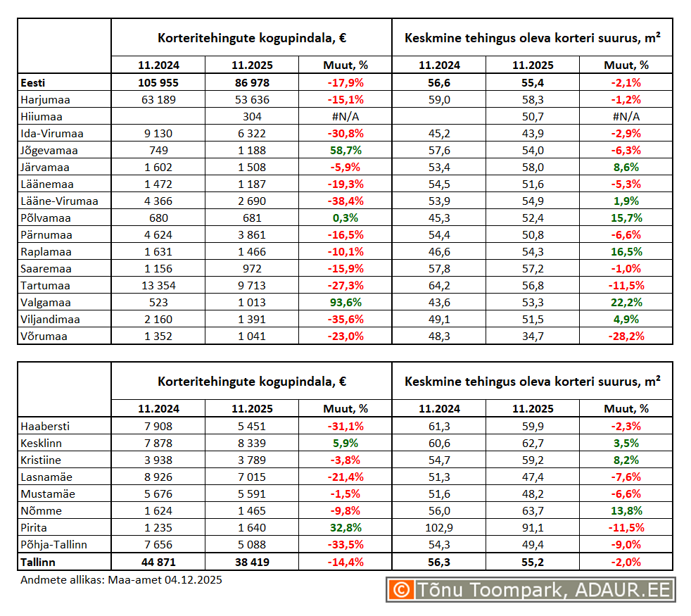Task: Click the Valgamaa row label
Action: tap(46, 303)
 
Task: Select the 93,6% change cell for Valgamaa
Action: tap(345, 303)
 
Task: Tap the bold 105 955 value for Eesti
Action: tap(158, 83)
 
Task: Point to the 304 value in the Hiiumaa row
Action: tap(251, 117)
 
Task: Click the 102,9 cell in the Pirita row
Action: tap(439, 527)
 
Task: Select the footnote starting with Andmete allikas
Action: tap(122, 579)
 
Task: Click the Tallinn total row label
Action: tap(38, 561)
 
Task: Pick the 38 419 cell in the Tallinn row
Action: tap(251, 561)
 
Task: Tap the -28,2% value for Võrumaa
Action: tap(626, 337)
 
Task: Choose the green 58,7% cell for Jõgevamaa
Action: tap(345, 151)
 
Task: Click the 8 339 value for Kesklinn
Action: tap(251, 443)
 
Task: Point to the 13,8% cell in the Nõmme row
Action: tap(626, 510)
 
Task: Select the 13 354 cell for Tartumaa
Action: tap(158, 286)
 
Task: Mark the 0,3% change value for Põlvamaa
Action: tap(345, 218)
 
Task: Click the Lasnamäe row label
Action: tap(46, 477)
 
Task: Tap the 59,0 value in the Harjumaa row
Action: tap(439, 100)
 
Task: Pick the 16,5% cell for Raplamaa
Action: tap(626, 252)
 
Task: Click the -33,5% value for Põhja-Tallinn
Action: tap(345, 544)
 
